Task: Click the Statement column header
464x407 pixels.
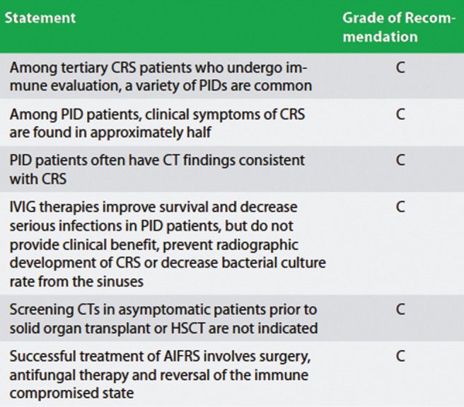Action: [40, 18]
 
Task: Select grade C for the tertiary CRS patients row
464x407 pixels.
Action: [400, 68]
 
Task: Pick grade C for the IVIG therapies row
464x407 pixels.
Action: [400, 207]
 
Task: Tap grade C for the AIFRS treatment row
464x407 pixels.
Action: [400, 356]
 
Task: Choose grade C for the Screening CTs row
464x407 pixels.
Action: [400, 309]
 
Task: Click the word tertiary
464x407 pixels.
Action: [84, 69]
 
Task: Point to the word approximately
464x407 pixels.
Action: [137, 132]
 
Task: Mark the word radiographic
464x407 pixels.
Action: [251, 246]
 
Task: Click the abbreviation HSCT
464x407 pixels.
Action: [188, 328]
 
